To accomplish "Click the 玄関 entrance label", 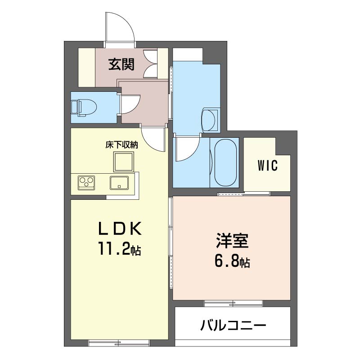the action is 121,64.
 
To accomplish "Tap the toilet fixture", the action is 84,108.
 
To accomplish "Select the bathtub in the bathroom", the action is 225,162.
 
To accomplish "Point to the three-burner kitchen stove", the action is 86,183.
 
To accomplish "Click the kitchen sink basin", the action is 119,183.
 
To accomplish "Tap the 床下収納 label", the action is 121,145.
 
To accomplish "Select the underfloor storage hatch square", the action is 123,162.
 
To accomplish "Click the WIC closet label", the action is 267,165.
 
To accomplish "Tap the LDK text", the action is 120,229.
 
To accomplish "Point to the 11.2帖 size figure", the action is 120,249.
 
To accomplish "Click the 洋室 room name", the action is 232,241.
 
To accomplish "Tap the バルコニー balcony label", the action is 233,325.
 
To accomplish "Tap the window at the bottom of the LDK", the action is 119,343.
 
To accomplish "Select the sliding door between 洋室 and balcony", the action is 234,303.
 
